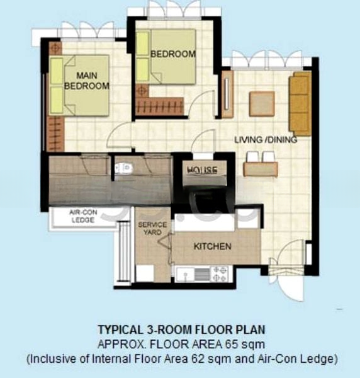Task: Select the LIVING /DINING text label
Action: pos(265,139)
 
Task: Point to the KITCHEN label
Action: pos(211,246)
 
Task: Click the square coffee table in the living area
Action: pos(262,104)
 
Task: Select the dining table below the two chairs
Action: pos(260,169)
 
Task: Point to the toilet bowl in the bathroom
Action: pos(123,168)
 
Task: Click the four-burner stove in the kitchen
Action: pos(219,273)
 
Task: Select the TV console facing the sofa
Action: pos(227,94)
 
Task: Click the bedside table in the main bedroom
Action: pos(55,48)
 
